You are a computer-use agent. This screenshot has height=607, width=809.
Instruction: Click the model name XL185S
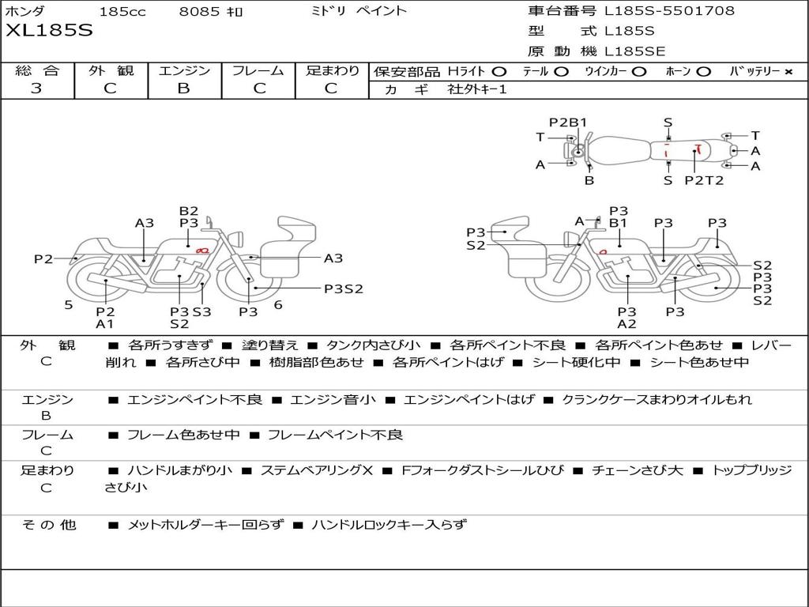click(49, 30)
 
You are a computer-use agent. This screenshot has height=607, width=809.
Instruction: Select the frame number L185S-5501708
click(669, 10)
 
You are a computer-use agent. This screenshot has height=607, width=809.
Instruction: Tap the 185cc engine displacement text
click(122, 11)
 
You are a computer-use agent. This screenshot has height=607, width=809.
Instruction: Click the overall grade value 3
click(36, 88)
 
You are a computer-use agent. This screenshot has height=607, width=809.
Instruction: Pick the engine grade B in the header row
click(183, 88)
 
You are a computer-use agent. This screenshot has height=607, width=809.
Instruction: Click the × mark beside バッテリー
click(788, 72)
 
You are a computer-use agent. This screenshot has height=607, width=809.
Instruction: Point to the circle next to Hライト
click(499, 72)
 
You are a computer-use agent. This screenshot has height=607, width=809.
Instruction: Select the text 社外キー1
click(477, 89)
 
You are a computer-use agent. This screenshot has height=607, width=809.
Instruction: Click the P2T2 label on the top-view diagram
click(704, 180)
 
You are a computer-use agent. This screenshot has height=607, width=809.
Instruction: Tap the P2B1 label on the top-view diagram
click(567, 123)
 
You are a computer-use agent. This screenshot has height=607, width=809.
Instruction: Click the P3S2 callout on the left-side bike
click(344, 289)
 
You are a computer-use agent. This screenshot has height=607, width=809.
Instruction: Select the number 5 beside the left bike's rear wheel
click(69, 305)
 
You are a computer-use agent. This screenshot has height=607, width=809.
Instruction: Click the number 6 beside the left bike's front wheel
click(278, 305)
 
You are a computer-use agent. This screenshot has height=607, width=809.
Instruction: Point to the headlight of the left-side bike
click(239, 239)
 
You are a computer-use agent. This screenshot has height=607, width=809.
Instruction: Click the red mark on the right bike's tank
click(602, 252)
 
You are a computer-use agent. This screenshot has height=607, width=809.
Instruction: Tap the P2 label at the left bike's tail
click(43, 258)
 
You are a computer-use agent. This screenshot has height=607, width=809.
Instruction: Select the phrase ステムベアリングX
click(316, 470)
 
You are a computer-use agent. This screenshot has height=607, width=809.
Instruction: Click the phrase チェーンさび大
click(638, 470)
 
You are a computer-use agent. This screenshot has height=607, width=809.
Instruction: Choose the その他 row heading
click(48, 525)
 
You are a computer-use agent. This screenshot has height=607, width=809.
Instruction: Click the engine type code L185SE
click(634, 51)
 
